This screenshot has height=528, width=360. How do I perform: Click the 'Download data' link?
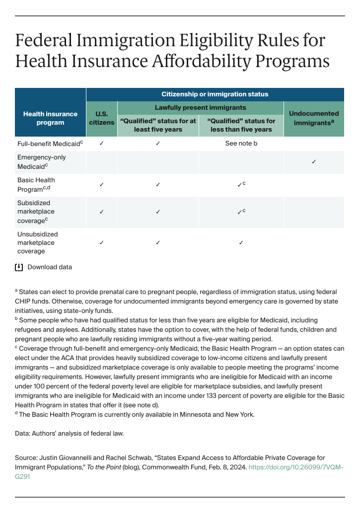[x=49, y=267]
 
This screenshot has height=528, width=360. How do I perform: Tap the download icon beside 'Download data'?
[x=19, y=267]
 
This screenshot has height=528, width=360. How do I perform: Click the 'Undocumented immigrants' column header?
[x=313, y=118]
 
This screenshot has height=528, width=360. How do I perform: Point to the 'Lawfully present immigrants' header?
[x=200, y=107]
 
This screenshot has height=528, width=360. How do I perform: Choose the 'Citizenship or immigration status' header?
[x=215, y=94]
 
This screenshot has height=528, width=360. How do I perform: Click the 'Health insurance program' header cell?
[x=50, y=118]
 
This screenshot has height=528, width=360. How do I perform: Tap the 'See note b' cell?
[x=241, y=144]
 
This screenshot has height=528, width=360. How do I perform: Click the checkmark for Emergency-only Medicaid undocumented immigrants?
[x=313, y=162]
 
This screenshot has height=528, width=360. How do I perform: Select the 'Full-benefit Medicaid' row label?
[x=50, y=144]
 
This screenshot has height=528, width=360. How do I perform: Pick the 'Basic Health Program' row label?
[x=37, y=184]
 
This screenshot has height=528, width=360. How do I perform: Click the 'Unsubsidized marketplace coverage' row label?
[x=37, y=242]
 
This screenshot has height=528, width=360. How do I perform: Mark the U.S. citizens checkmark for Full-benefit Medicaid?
[x=101, y=144]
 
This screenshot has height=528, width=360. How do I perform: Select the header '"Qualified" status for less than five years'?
[x=241, y=125]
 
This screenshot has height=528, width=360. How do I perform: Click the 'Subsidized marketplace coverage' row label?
[x=36, y=212]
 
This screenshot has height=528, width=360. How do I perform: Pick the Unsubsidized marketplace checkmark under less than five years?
[x=241, y=242]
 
